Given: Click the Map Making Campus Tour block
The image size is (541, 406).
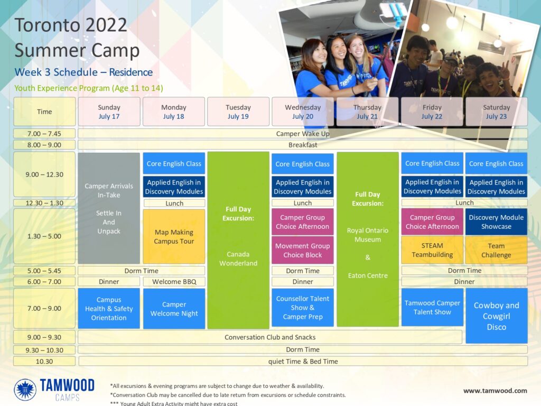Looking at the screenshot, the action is (174, 236).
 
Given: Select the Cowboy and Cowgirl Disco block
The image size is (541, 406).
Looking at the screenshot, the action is (497, 316).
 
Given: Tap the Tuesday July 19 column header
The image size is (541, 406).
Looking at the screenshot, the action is (238, 112).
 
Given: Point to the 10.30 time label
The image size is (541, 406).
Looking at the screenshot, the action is (44, 361).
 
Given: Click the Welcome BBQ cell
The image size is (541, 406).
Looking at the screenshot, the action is (174, 281).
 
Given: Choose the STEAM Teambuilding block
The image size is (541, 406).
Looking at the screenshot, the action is (432, 250).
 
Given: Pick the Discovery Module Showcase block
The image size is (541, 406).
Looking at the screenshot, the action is (496, 222).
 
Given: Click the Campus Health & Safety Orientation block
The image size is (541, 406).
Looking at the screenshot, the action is (109, 308).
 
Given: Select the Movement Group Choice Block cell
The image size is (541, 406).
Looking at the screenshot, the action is (303, 250).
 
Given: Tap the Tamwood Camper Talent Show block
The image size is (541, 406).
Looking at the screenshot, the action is (432, 307).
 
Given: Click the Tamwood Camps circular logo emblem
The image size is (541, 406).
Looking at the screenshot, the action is (25, 390).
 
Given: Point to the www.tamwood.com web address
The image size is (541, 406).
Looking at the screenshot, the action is (495, 391).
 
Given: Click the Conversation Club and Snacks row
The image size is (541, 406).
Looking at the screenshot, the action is (270, 337).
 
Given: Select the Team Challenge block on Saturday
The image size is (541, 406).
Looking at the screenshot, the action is (496, 250).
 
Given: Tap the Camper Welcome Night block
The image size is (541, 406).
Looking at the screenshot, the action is (174, 309).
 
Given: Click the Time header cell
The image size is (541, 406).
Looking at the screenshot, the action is (44, 112).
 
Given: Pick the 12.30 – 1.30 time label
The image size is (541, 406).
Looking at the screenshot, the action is (44, 203).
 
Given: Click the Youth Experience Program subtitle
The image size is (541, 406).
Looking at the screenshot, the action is (89, 88).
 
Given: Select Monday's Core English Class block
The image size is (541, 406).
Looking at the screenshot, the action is (174, 164).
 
